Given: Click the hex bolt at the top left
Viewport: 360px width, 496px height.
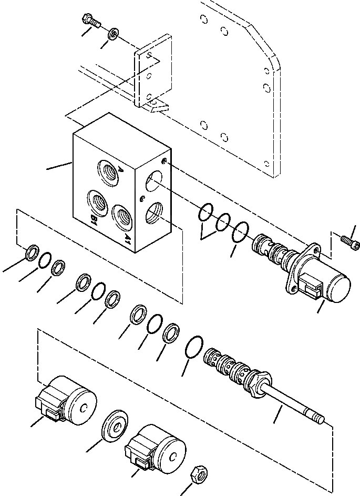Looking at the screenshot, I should [91, 22].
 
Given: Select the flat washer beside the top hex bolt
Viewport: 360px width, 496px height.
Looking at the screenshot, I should [113, 35].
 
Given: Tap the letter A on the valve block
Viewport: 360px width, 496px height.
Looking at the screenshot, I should [120, 170].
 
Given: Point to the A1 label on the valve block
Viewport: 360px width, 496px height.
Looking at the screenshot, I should [128, 238].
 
